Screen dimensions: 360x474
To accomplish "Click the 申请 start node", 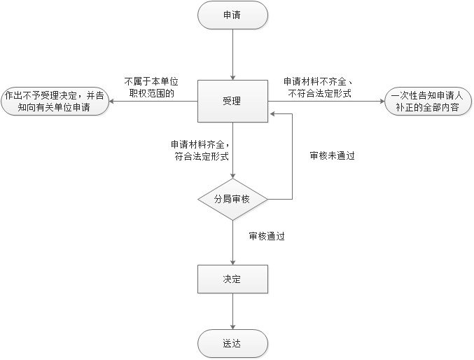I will tap(232, 15).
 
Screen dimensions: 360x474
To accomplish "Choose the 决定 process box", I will tap(232, 279).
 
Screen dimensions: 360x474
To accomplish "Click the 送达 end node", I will tap(232, 343).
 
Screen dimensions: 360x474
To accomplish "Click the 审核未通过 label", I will tap(333, 156).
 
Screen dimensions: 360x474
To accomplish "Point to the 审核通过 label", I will tap(267, 237).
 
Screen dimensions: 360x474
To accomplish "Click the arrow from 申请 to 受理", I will tap(232, 53).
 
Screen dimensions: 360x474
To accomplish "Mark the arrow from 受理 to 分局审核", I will tap(232, 151).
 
